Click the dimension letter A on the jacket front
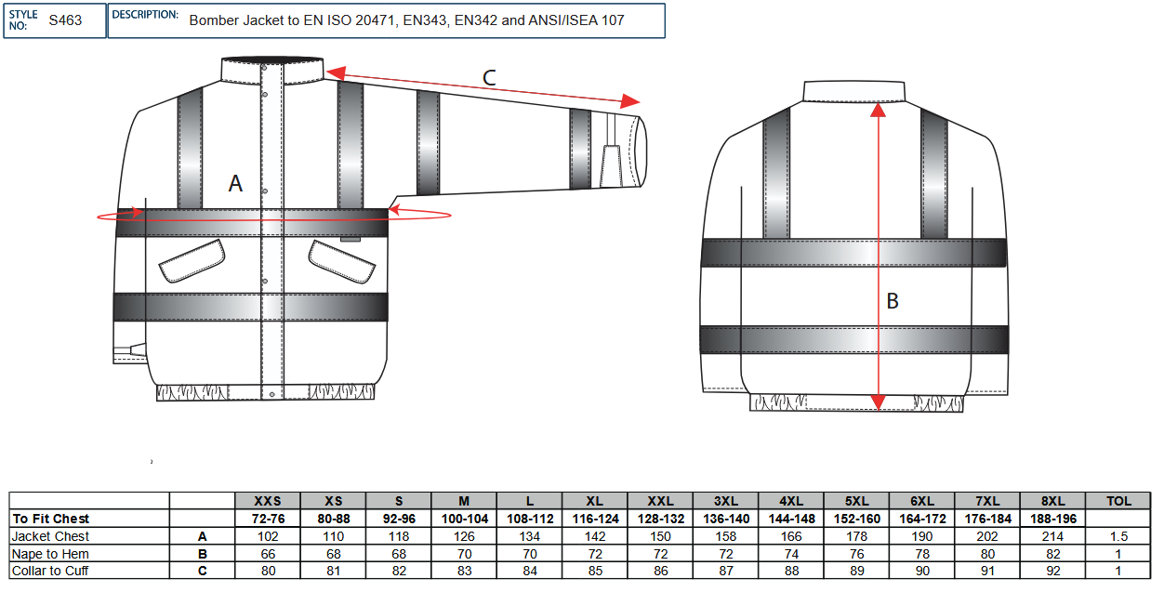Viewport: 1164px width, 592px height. pyautogui.click(x=235, y=184)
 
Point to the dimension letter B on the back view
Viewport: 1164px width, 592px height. pyautogui.click(x=893, y=301)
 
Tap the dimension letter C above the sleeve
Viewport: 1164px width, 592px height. pyautogui.click(x=489, y=78)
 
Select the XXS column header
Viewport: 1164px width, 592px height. pyautogui.click(x=267, y=501)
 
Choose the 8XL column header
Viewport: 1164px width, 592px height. pyautogui.click(x=1053, y=501)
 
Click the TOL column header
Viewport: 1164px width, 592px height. pyautogui.click(x=1119, y=501)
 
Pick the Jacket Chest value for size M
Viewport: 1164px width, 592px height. pyautogui.click(x=463, y=536)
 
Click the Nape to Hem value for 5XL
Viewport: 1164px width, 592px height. pyautogui.click(x=856, y=554)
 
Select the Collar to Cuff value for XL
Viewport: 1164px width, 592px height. pyautogui.click(x=594, y=571)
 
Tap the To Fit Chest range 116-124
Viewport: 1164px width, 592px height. pyautogui.click(x=594, y=519)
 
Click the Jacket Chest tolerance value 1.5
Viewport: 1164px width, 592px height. pyautogui.click(x=1119, y=536)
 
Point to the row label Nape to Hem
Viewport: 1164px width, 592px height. pyautogui.click(x=50, y=554)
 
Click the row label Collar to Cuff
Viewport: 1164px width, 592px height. pyautogui.click(x=50, y=571)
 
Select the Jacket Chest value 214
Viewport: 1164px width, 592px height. pyautogui.click(x=1053, y=536)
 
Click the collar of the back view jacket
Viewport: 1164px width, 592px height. pyautogui.click(x=854, y=90)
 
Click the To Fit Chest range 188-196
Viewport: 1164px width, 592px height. pyautogui.click(x=1053, y=519)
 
